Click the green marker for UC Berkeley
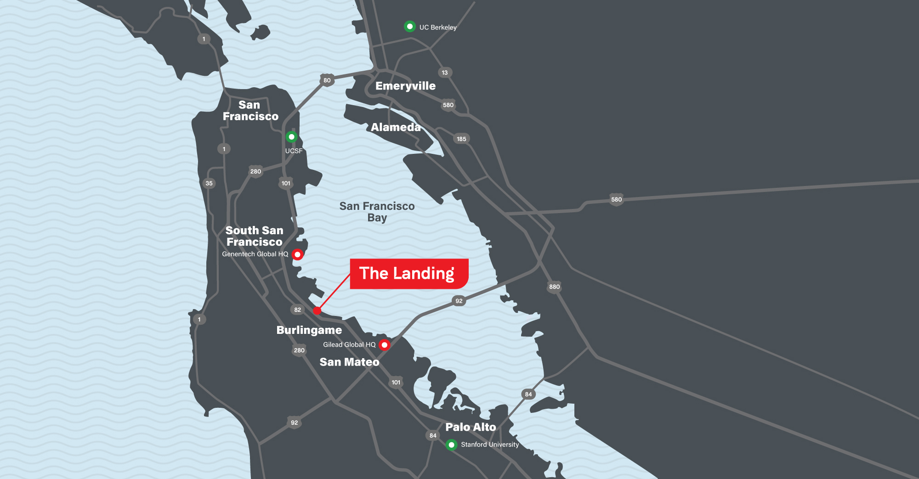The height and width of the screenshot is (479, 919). (x=409, y=27)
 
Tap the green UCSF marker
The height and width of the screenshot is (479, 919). (x=291, y=137)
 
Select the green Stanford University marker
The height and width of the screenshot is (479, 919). (x=451, y=445)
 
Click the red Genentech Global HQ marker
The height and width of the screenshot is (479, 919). (x=298, y=254)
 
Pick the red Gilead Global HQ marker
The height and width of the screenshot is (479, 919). (x=385, y=345)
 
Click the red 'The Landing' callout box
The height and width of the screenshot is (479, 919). (x=408, y=274)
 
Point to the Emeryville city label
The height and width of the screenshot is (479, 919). (x=405, y=86)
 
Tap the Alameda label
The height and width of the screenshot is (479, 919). (x=396, y=127)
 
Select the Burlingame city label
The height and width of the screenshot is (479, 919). (x=309, y=330)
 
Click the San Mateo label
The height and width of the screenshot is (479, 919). (x=349, y=362)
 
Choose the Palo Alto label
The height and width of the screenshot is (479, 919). (x=471, y=427)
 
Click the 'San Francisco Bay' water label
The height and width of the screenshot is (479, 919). (x=377, y=212)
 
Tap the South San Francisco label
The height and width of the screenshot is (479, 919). (x=254, y=236)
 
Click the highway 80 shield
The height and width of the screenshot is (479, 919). (x=327, y=80)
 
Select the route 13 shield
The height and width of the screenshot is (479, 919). (x=444, y=73)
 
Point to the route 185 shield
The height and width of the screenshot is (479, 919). (x=461, y=139)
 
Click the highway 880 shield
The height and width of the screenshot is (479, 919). (x=554, y=287)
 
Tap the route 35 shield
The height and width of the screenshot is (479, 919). (x=209, y=183)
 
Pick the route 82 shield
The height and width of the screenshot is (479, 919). (x=297, y=310)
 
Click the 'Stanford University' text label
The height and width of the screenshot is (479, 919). (x=490, y=445)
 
